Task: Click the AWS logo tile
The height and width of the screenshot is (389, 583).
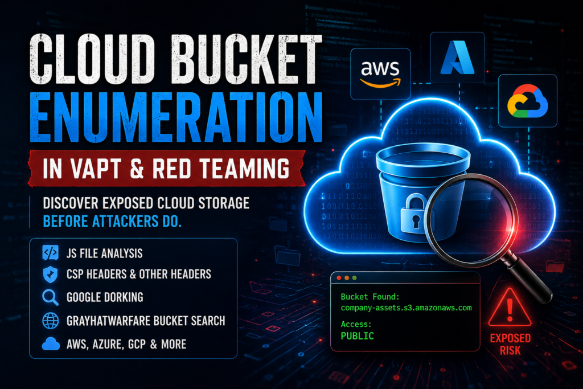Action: (380, 74)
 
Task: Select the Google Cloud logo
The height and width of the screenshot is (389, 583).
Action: (527, 101)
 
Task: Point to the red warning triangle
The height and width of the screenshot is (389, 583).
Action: (510, 308)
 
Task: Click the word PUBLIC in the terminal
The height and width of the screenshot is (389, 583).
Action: (358, 336)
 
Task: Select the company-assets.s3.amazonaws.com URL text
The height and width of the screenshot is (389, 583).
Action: (406, 308)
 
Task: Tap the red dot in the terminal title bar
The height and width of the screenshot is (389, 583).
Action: (339, 278)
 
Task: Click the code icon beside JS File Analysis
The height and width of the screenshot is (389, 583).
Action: (50, 253)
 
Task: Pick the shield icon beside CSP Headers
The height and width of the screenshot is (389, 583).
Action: (50, 275)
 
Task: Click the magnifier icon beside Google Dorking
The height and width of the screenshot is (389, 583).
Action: (50, 297)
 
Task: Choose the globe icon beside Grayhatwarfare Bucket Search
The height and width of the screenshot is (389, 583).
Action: (50, 321)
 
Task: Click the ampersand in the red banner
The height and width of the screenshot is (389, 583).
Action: (137, 169)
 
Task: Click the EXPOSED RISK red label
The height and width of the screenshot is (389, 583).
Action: (510, 344)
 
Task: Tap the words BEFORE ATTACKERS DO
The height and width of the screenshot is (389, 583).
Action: (112, 222)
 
